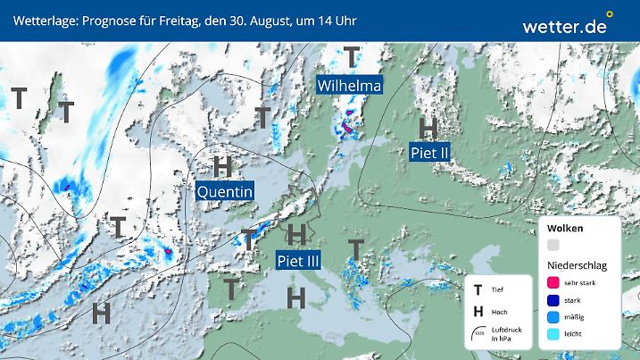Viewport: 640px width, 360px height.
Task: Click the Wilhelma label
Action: click(350, 86)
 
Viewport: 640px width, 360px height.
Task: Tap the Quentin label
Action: click(225, 191)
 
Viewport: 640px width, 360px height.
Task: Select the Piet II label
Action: click(429, 153)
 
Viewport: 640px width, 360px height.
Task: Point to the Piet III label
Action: click(298, 261)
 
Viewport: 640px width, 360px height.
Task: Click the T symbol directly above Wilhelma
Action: click(353, 57)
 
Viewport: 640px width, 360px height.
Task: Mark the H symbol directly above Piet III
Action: click(298, 235)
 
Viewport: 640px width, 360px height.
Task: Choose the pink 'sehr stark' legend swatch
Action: click(553, 282)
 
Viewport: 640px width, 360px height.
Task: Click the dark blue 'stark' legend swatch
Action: click(553, 299)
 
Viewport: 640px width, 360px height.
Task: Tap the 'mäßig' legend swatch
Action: click(553, 316)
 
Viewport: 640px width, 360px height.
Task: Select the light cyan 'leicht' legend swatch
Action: click(553, 333)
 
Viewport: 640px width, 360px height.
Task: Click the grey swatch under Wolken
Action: click(553, 245)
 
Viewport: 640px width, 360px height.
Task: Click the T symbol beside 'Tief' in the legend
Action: click(478, 289)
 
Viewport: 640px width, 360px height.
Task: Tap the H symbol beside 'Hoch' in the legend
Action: click(478, 311)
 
